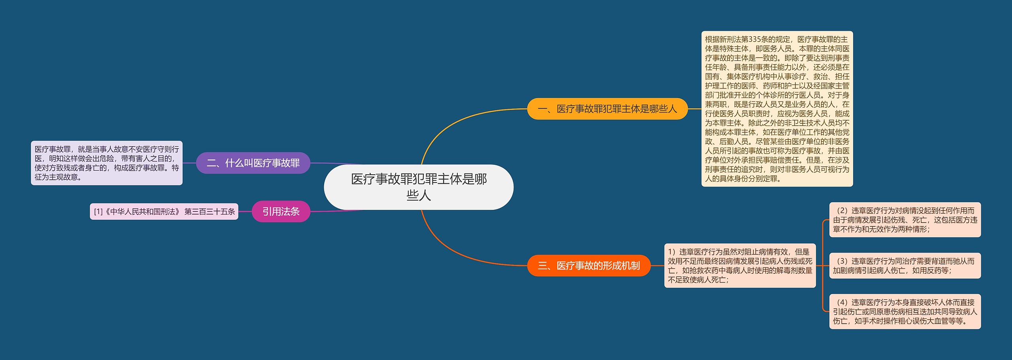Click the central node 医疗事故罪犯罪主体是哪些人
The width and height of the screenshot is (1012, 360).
point(419,187)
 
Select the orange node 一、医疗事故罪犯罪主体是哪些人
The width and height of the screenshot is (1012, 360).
point(608,109)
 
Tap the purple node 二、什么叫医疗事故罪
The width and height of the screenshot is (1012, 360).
point(253,163)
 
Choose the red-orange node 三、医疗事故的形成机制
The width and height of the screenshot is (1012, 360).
point(589,266)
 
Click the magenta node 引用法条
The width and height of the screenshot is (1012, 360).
point(281,211)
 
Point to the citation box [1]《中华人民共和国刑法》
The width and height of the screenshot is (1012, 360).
point(164,211)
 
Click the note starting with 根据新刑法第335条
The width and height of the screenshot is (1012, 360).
point(777,109)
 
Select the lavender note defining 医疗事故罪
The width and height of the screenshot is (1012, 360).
point(107,163)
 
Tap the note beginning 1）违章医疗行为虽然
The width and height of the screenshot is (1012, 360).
point(740,266)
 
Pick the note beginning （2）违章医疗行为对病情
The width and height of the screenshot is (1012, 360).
point(905,220)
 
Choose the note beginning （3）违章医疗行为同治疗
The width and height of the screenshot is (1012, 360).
point(905,266)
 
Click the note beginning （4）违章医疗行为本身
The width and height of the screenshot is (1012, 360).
point(905,311)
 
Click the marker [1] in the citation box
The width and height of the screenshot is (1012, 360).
point(98,212)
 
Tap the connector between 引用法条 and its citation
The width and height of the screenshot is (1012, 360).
point(245,211)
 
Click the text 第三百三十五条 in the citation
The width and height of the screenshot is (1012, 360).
point(210,211)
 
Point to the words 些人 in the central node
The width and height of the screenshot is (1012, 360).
point(419,195)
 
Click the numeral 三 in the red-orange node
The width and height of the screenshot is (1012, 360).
point(542,266)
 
